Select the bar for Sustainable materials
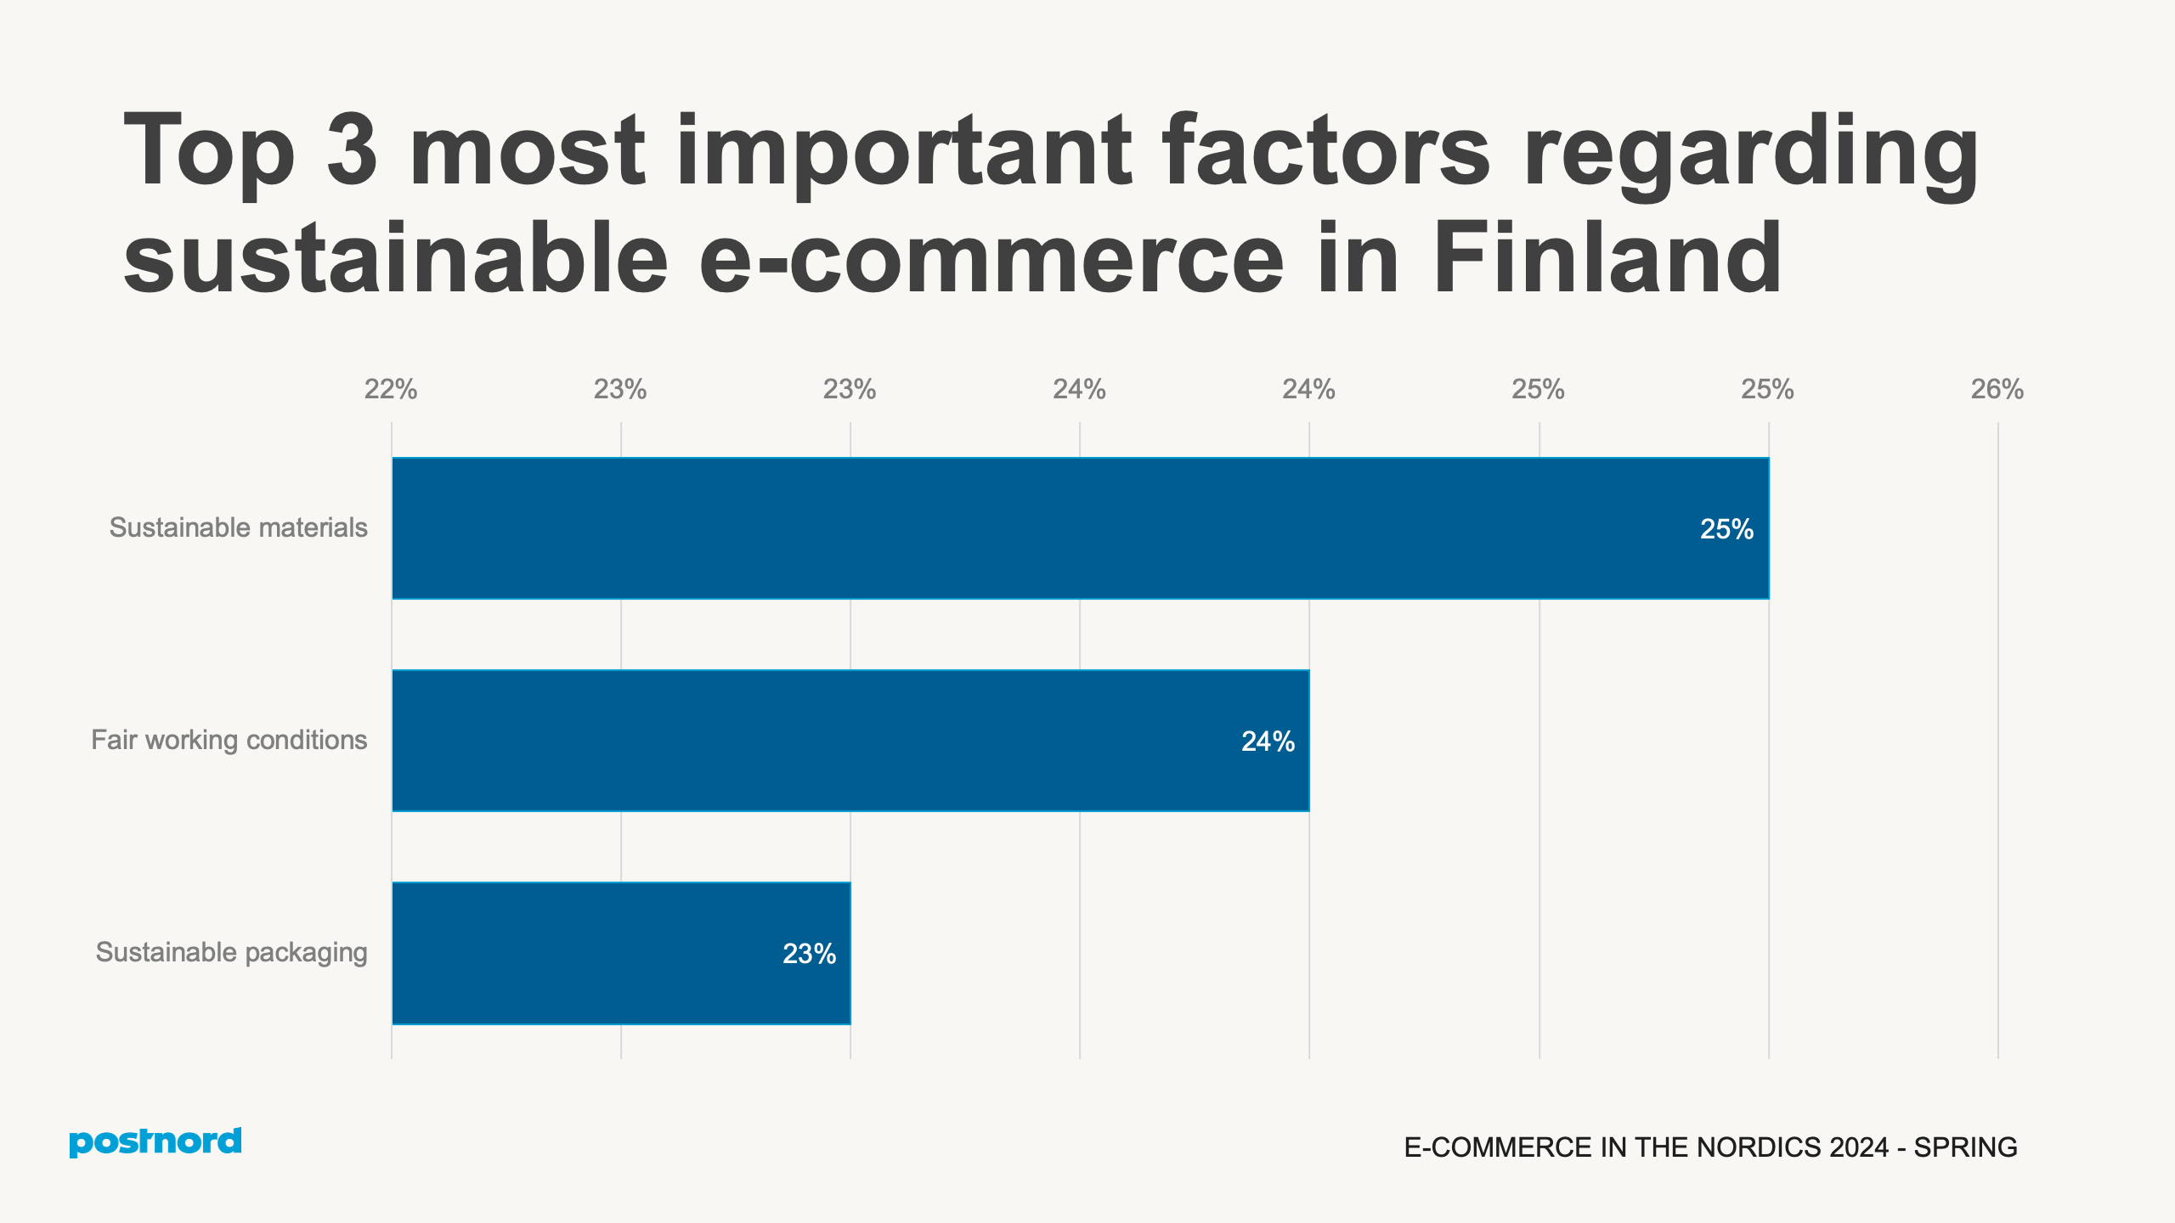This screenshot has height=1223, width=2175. click(1079, 528)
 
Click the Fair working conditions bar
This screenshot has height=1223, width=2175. click(850, 741)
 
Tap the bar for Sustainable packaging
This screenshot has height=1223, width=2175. click(620, 953)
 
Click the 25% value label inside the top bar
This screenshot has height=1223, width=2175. click(1726, 529)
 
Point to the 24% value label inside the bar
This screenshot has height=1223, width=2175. click(1267, 741)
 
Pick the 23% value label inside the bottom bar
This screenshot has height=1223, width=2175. click(808, 954)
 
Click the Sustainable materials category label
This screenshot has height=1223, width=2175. click(238, 527)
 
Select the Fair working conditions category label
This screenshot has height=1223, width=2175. click(229, 740)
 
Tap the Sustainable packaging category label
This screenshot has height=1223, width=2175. click(231, 952)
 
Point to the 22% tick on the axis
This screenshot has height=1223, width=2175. click(391, 389)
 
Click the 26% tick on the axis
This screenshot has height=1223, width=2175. click(1997, 389)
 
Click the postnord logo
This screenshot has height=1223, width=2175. click(155, 1141)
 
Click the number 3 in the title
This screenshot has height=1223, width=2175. click(352, 150)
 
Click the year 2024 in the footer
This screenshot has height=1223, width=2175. click(1859, 1147)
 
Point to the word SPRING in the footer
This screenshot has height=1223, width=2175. click(1965, 1147)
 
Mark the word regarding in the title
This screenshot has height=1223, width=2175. click(1750, 153)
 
